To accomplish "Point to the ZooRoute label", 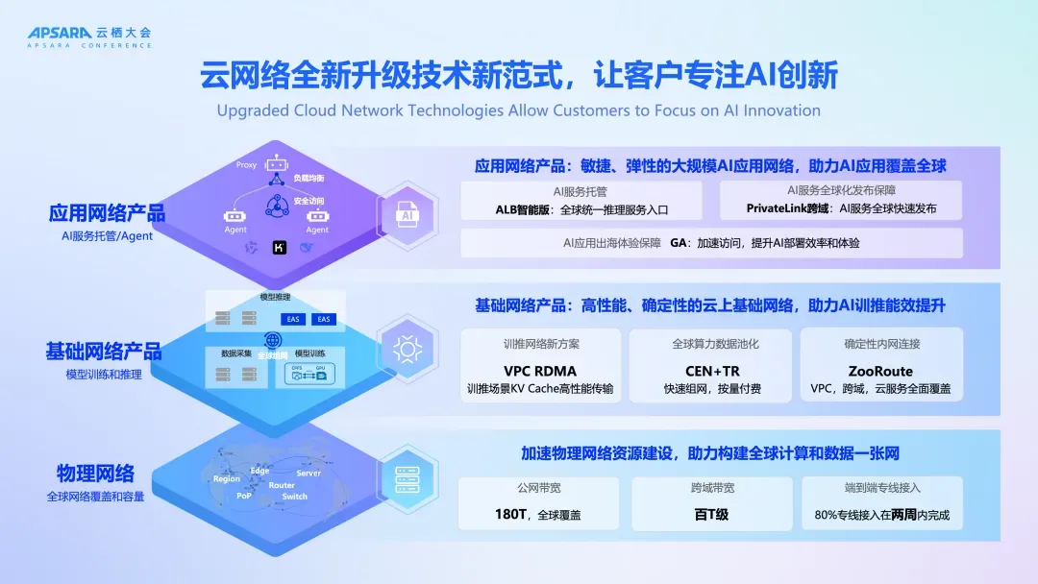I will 880,371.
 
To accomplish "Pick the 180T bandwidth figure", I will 508,515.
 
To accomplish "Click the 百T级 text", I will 711,515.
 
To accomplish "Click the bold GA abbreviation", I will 679,243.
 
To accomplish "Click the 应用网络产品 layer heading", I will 107,213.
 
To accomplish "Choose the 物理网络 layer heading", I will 95,474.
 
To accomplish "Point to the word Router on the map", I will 282,485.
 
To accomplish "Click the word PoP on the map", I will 244,496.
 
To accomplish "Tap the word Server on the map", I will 309,473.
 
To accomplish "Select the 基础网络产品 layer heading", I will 104,352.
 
